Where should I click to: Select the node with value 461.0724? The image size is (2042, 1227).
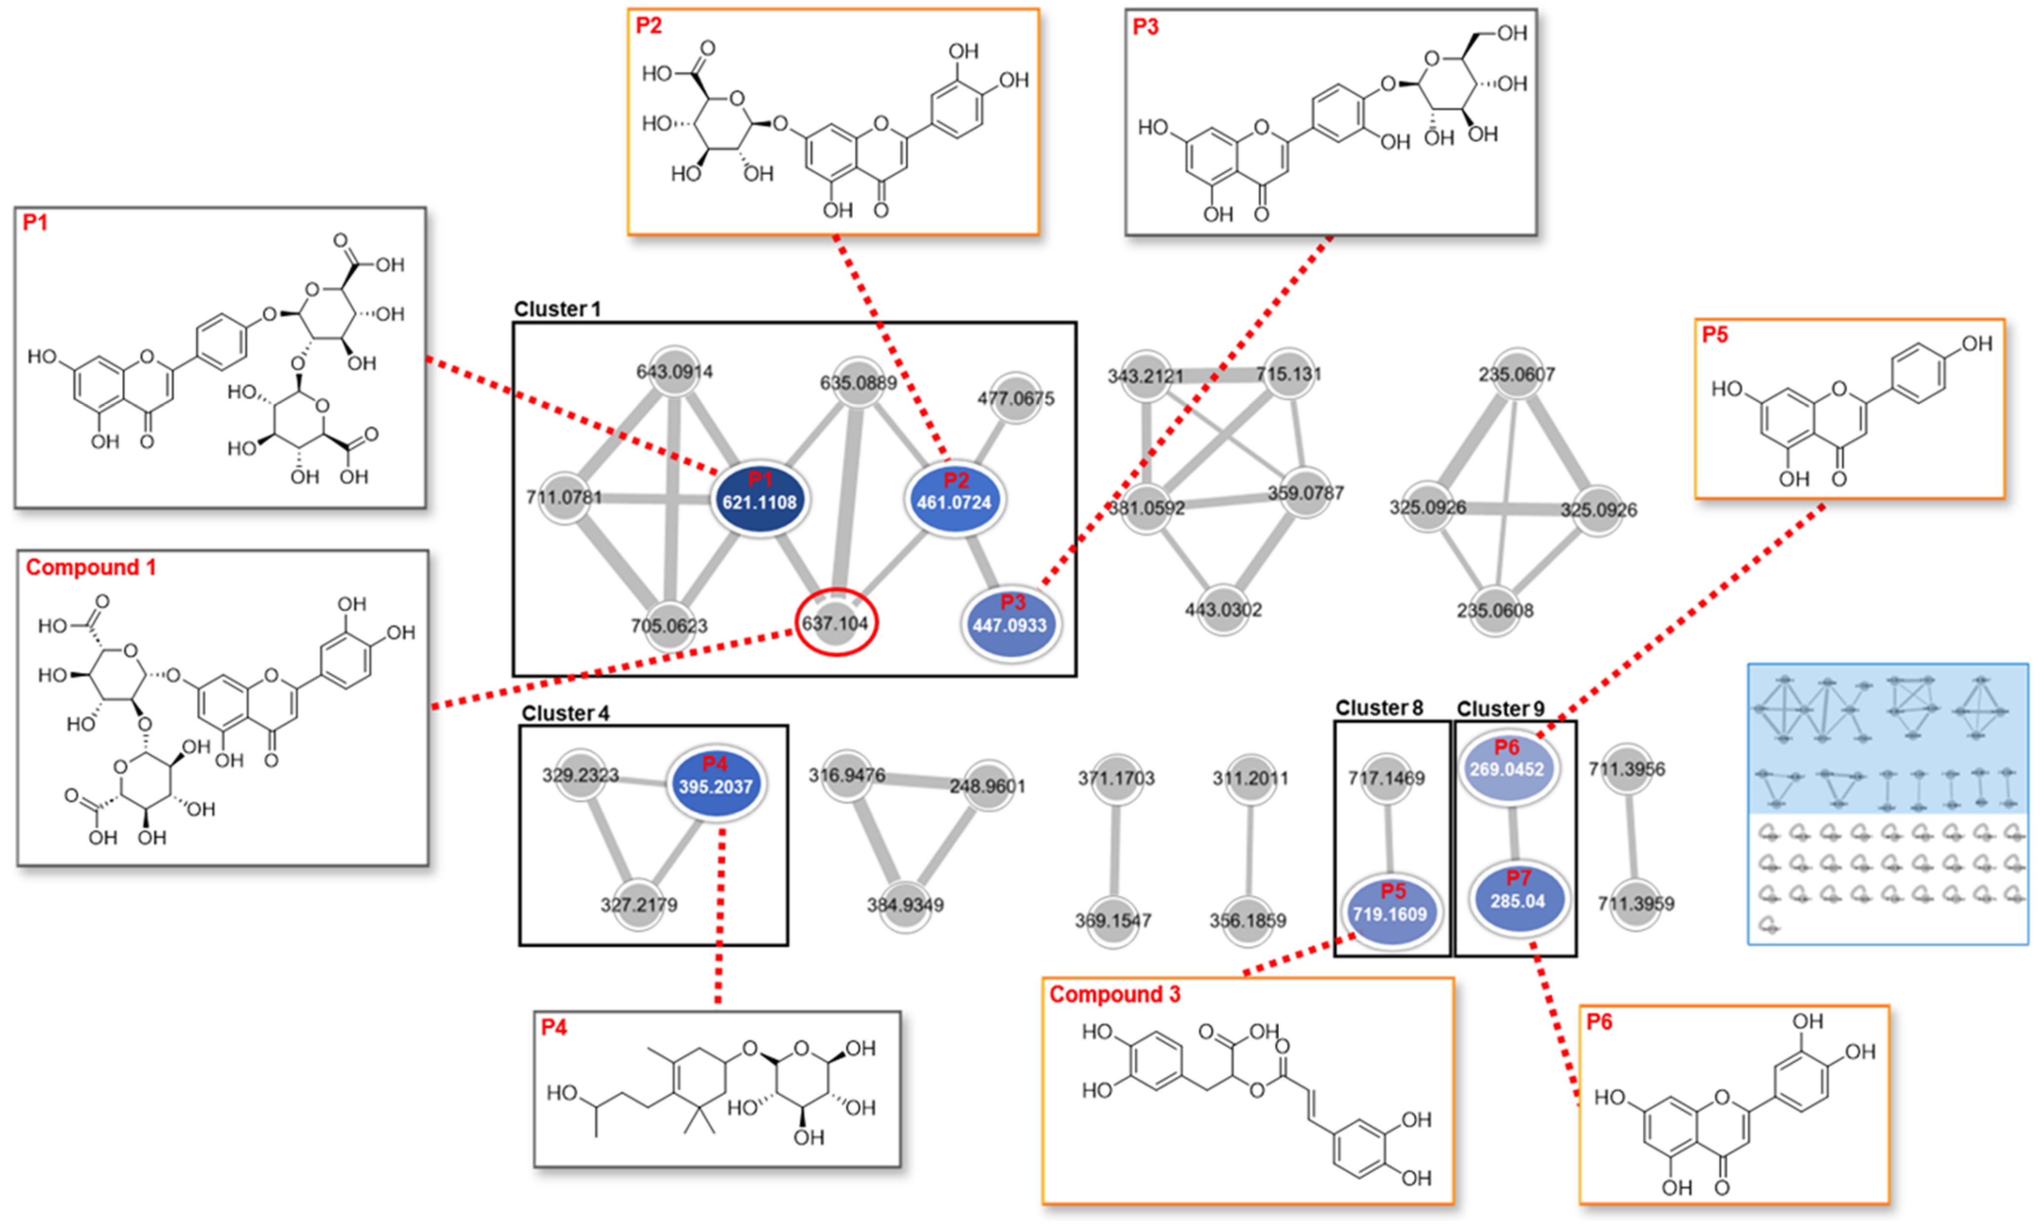coord(954,500)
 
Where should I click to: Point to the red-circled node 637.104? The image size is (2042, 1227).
coord(836,622)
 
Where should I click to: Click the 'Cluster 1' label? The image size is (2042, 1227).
coord(557,309)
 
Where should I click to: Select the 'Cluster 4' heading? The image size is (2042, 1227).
coord(565,713)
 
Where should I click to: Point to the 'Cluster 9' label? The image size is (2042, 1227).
coord(1500,709)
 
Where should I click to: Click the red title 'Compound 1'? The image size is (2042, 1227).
coord(91,567)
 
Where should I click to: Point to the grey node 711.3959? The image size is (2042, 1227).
coord(1635,903)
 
